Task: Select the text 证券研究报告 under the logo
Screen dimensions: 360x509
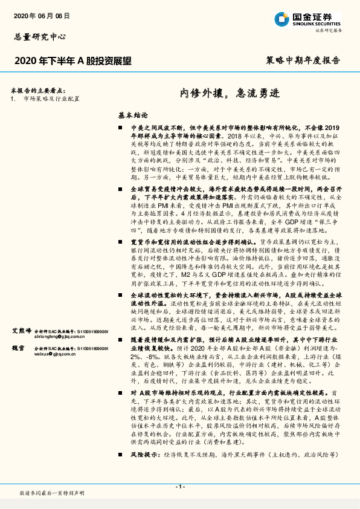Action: (329, 30)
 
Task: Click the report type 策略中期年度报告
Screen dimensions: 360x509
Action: (302, 61)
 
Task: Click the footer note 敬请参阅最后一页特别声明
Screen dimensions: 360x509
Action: (52, 494)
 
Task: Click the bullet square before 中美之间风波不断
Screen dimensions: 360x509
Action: (121, 129)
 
